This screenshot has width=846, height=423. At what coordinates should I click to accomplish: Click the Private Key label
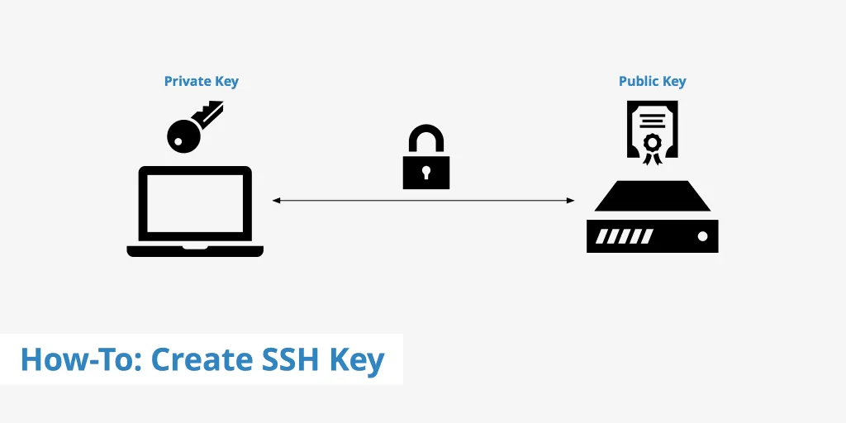[x=202, y=82]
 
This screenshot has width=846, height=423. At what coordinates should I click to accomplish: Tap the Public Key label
[x=653, y=82]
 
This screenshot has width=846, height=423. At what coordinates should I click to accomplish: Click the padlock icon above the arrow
[x=426, y=157]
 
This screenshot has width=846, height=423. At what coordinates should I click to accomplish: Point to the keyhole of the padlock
[x=426, y=173]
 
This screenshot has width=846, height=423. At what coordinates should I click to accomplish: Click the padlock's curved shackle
[x=426, y=139]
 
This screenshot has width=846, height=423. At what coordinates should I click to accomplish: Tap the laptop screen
[x=195, y=203]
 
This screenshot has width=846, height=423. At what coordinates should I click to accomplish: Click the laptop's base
[x=195, y=251]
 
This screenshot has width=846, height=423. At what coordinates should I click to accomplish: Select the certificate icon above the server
[x=653, y=132]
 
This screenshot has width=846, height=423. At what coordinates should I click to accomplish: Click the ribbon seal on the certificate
[x=653, y=148]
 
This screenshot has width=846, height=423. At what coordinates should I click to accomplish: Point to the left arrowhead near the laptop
[x=276, y=201]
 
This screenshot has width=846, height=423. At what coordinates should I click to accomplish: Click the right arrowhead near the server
[x=570, y=201]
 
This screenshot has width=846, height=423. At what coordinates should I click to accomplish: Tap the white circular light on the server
[x=702, y=236]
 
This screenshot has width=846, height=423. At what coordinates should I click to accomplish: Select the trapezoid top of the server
[x=653, y=196]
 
